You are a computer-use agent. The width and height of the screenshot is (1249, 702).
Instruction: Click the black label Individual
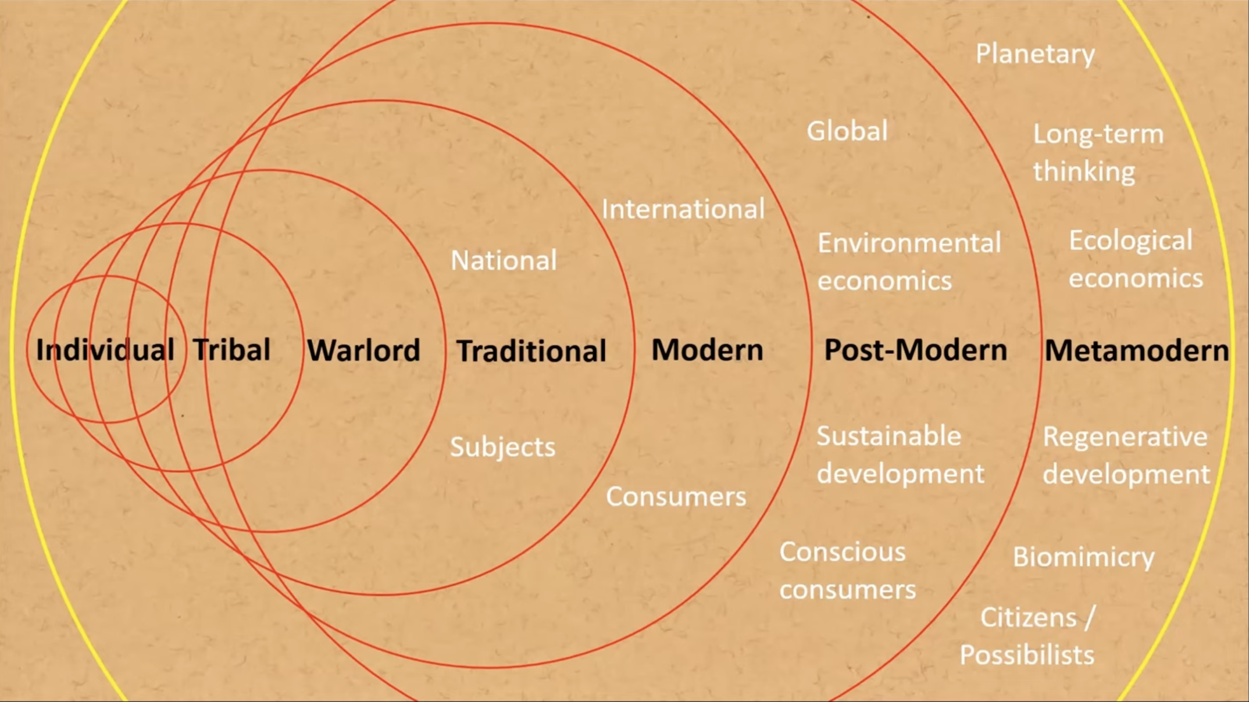pyautogui.click(x=105, y=350)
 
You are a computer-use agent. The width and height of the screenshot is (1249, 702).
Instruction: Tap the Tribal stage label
pyautogui.click(x=231, y=350)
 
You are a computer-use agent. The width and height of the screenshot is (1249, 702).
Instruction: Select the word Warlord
pyautogui.click(x=363, y=350)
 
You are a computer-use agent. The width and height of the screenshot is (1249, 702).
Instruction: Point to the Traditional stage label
pyautogui.click(x=531, y=351)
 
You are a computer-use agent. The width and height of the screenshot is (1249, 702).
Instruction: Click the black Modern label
pyautogui.click(x=707, y=350)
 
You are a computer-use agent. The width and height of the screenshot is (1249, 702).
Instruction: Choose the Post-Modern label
pyautogui.click(x=915, y=350)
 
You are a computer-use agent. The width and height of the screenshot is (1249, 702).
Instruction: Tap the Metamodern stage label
pyautogui.click(x=1137, y=351)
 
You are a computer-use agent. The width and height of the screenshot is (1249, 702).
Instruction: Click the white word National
pyautogui.click(x=504, y=260)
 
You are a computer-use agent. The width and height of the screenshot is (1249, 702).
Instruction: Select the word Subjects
pyautogui.click(x=502, y=447)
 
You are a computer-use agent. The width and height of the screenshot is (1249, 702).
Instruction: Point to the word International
pyautogui.click(x=683, y=209)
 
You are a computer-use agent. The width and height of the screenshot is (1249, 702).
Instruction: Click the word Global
pyautogui.click(x=847, y=131)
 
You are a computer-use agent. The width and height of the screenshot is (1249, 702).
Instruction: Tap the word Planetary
pyautogui.click(x=1035, y=54)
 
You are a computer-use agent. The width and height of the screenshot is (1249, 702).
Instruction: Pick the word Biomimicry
pyautogui.click(x=1083, y=557)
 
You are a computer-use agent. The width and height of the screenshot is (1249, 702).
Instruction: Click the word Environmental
pyautogui.click(x=909, y=243)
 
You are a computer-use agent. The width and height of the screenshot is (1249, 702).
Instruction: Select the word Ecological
pyautogui.click(x=1130, y=241)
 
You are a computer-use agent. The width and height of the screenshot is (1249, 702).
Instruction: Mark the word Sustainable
pyautogui.click(x=888, y=436)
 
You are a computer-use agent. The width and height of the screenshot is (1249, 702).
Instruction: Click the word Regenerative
pyautogui.click(x=1125, y=437)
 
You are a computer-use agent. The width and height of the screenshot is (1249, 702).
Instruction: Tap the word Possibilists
pyautogui.click(x=1027, y=655)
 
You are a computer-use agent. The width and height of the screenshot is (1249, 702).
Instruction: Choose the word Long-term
pyautogui.click(x=1098, y=134)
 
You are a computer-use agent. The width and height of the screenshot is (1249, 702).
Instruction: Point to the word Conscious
pyautogui.click(x=843, y=552)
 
